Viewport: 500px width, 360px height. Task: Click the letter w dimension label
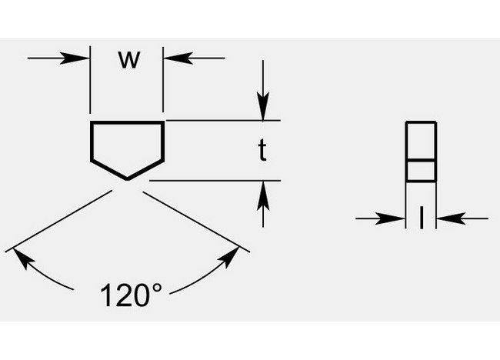(129, 60)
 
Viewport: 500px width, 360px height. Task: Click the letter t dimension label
(262, 152)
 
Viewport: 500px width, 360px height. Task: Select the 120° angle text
(132, 295)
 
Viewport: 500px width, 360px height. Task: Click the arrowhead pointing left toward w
(172, 58)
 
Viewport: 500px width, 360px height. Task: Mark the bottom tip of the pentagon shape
(127, 179)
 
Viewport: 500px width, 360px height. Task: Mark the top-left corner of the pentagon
(92, 122)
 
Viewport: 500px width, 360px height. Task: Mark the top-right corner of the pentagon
(163, 122)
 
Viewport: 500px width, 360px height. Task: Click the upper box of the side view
(421, 141)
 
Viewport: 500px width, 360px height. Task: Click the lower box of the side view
(421, 170)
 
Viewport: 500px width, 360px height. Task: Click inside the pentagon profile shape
(127, 146)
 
